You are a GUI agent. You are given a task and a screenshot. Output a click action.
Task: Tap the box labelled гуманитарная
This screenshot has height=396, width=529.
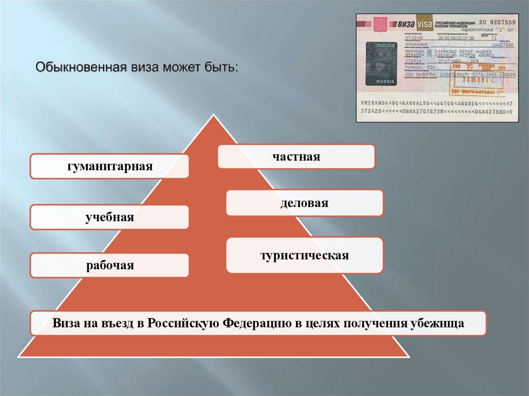click(109, 166)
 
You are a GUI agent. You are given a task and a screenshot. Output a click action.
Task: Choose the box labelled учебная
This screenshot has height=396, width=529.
click(109, 217)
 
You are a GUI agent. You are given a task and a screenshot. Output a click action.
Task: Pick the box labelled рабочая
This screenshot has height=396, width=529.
click(109, 265)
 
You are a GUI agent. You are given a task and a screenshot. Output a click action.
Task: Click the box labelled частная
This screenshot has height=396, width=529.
click(296, 156)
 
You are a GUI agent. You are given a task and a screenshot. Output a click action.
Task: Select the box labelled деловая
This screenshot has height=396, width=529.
click(304, 203)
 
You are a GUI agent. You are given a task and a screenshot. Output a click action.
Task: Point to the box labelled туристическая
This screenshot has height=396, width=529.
click(304, 255)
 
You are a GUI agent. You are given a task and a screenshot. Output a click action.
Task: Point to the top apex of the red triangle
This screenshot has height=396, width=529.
click(213, 115)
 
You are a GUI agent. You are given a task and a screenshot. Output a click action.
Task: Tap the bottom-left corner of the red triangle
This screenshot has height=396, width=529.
click(20, 356)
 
